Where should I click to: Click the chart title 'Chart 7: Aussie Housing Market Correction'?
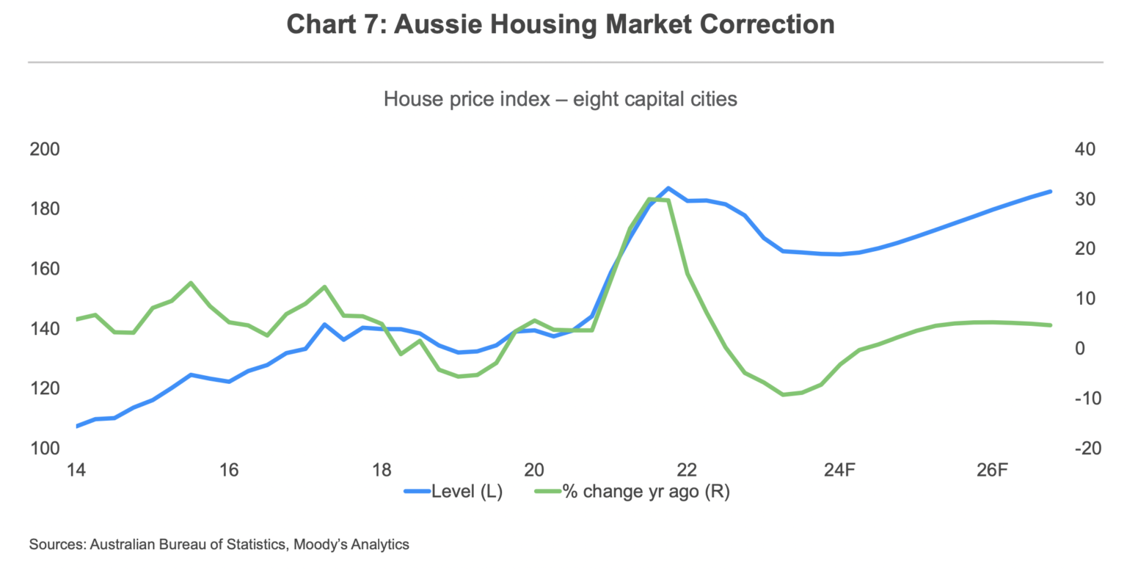(x=561, y=24)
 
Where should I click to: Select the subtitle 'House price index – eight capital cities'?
(x=561, y=98)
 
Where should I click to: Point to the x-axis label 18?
(x=382, y=470)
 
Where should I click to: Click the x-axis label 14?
(x=76, y=470)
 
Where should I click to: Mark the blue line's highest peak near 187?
(x=668, y=188)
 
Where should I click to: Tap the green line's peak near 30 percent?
(x=650, y=199)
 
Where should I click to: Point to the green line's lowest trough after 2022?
(x=784, y=394)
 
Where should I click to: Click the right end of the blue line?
(x=1051, y=192)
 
